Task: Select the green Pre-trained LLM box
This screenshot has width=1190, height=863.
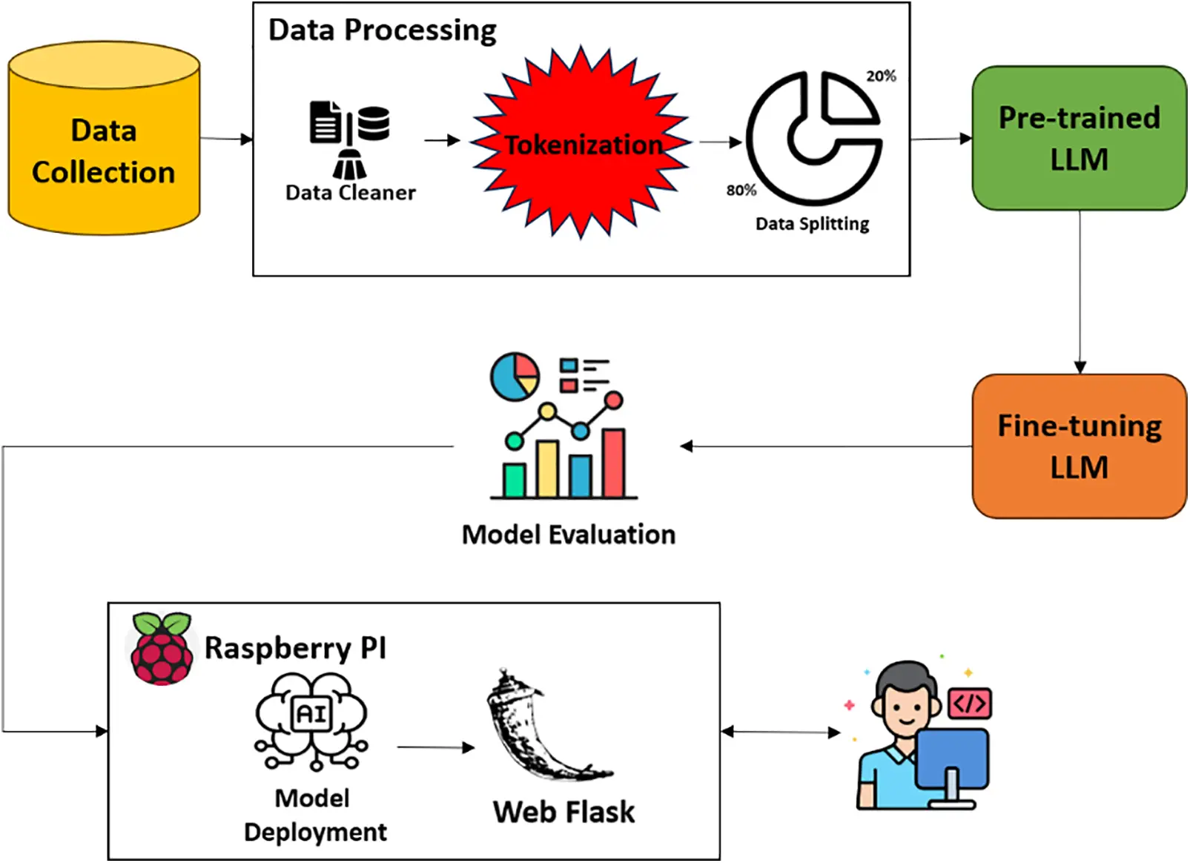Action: pyautogui.click(x=1079, y=139)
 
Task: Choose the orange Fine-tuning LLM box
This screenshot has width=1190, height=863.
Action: pyautogui.click(x=1079, y=446)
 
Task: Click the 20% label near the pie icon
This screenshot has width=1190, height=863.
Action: pyautogui.click(x=881, y=76)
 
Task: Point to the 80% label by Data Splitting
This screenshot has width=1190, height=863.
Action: pyautogui.click(x=741, y=191)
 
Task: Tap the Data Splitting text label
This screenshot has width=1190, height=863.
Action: pyautogui.click(x=812, y=224)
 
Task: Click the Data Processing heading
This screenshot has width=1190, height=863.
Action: pyautogui.click(x=382, y=30)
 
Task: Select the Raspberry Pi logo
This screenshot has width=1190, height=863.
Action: pyautogui.click(x=162, y=648)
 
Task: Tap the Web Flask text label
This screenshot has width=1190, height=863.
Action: pyautogui.click(x=563, y=812)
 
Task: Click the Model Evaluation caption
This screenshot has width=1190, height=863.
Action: pyautogui.click(x=568, y=535)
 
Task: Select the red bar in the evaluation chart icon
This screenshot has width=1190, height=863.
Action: pyautogui.click(x=613, y=463)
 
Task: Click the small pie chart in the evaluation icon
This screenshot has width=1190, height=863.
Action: pyautogui.click(x=515, y=377)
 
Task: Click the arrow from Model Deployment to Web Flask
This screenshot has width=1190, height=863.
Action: pyautogui.click(x=435, y=747)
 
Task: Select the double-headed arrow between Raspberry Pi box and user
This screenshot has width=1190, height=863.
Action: pyautogui.click(x=781, y=733)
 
